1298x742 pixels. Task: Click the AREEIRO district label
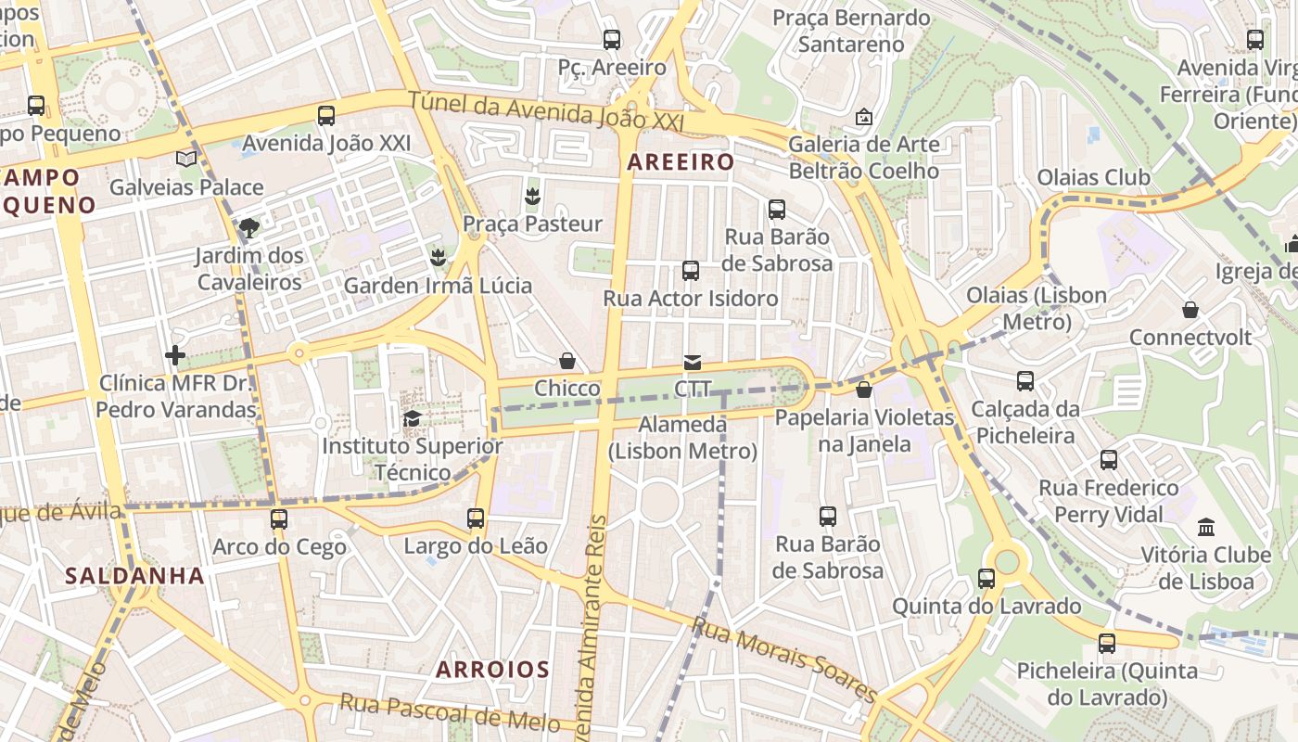681,162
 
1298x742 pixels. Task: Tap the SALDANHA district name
134,576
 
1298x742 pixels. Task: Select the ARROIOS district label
492,669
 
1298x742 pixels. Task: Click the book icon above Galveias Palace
186,159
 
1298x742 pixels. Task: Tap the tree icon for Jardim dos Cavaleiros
248,227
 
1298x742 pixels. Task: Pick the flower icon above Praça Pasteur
532,196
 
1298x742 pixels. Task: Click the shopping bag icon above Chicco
567,361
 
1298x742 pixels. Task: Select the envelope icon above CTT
692,362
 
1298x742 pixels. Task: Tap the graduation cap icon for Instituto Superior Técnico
412,418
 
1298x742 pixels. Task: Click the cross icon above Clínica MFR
175,354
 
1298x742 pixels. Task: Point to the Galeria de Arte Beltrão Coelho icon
863,117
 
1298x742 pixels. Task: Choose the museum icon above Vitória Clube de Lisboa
1206,527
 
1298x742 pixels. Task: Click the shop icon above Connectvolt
1190,310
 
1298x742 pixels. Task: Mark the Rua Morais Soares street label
784,660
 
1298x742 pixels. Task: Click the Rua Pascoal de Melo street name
450,711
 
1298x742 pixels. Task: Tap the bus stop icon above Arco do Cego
279,518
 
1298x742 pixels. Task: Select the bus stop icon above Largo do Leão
476,518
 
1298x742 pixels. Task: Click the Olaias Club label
1093,177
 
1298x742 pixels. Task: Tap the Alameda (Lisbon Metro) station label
683,438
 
